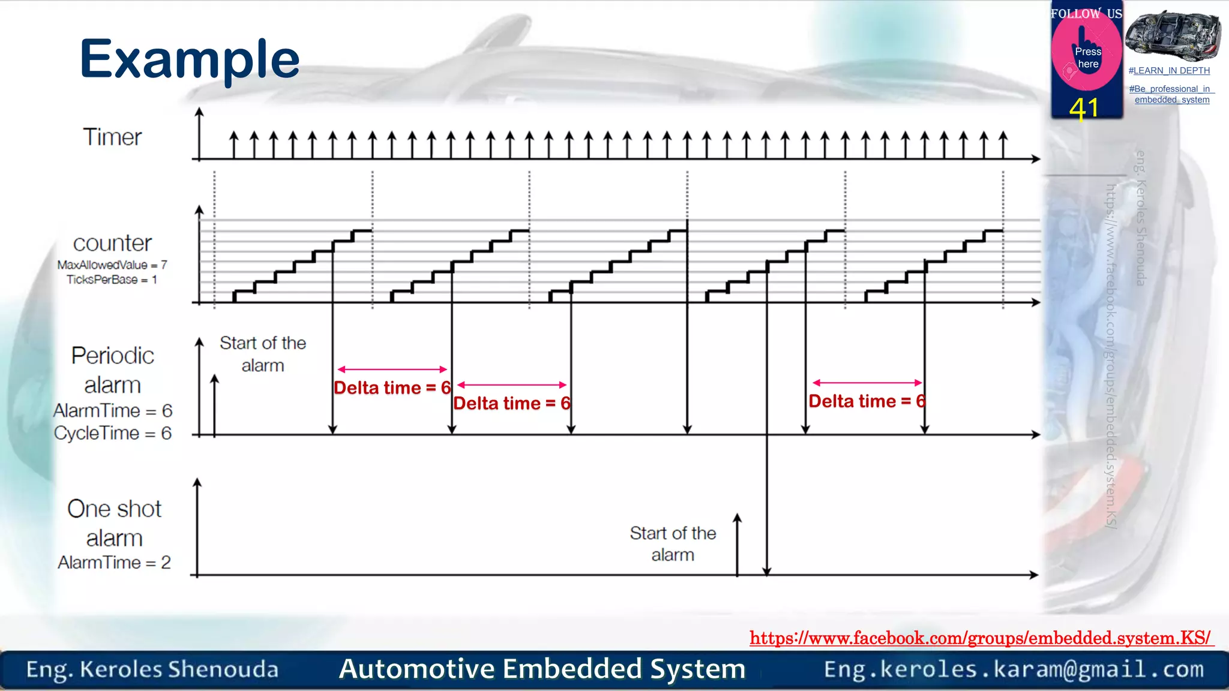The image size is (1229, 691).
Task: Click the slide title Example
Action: (190, 59)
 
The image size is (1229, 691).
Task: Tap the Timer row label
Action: (112, 137)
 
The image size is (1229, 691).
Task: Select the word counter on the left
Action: (112, 243)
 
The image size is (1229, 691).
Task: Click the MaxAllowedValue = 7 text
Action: (112, 265)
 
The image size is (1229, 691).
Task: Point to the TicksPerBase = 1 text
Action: (112, 280)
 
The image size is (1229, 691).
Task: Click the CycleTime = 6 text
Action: (113, 433)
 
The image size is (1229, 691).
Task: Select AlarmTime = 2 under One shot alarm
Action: (114, 563)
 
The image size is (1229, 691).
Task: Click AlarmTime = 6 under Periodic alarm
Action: (113, 411)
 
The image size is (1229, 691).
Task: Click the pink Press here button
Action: (1087, 58)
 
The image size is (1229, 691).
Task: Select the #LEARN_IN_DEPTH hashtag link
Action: (1169, 71)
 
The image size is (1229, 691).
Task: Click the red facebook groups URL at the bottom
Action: (981, 638)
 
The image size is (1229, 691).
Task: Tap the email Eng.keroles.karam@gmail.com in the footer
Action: (1014, 669)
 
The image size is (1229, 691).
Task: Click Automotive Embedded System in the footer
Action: (542, 669)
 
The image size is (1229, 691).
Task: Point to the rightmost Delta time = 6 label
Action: (867, 401)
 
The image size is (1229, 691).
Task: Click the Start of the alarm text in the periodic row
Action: (263, 354)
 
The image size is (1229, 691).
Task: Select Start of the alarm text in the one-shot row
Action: (673, 543)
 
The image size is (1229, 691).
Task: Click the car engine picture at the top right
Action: (1172, 36)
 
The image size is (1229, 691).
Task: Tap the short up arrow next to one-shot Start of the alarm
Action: (738, 543)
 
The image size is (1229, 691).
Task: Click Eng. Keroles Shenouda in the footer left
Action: (152, 669)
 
